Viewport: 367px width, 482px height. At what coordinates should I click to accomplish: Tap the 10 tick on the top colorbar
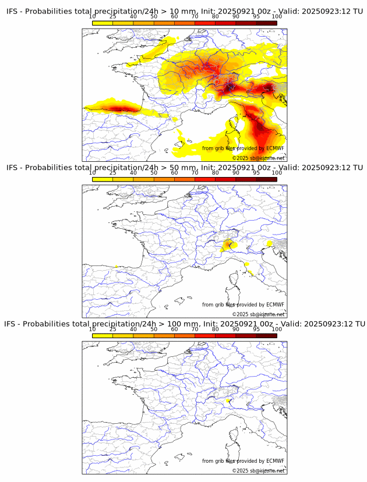pyautogui.click(x=93, y=16)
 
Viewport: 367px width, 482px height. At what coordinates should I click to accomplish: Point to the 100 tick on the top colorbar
pyautogui.click(x=277, y=16)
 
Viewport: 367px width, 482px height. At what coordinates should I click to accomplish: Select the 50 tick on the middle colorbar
pyautogui.click(x=154, y=173)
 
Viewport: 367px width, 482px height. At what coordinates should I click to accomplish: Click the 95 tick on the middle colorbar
pyautogui.click(x=256, y=173)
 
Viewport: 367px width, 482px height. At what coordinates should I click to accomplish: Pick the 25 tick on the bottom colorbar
pyautogui.click(x=113, y=329)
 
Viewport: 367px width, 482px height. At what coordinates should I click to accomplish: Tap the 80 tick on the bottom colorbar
pyautogui.click(x=216, y=329)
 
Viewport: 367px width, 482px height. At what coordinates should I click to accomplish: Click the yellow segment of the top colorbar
pyautogui.click(x=103, y=23)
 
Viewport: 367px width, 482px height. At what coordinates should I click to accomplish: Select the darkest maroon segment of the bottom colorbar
pyautogui.click(x=266, y=335)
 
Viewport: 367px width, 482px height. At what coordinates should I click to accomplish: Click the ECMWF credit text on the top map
pyautogui.click(x=243, y=148)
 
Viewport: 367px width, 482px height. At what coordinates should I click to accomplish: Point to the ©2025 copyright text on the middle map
pyautogui.click(x=259, y=314)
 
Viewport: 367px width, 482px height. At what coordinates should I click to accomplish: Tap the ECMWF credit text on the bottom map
pyautogui.click(x=243, y=461)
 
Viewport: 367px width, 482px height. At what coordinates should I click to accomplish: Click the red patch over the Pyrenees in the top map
pyautogui.click(x=121, y=108)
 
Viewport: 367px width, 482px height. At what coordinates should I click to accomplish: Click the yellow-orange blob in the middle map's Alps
pyautogui.click(x=228, y=244)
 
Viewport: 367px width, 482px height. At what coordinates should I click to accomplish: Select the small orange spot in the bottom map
pyautogui.click(x=227, y=401)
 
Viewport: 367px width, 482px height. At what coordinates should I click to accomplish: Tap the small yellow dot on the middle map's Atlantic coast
pyautogui.click(x=116, y=266)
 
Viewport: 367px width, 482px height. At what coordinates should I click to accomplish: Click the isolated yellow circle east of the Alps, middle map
pyautogui.click(x=269, y=243)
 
